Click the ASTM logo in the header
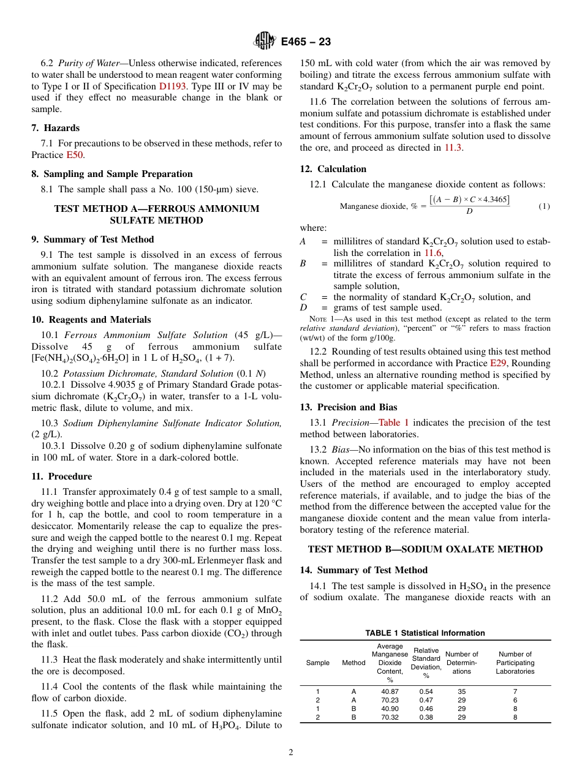265,42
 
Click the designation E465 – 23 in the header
306,42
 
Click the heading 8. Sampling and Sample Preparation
112,174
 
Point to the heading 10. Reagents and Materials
91,320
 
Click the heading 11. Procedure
62,476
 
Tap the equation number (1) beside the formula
544,206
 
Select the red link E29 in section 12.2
498,363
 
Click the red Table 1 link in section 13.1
393,423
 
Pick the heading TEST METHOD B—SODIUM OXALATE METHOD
425,549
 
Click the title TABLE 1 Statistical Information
425,633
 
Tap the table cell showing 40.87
390,691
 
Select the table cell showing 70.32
390,717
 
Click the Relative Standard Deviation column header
426,663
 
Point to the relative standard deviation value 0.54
426,691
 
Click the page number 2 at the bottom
291,753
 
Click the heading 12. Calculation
333,169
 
